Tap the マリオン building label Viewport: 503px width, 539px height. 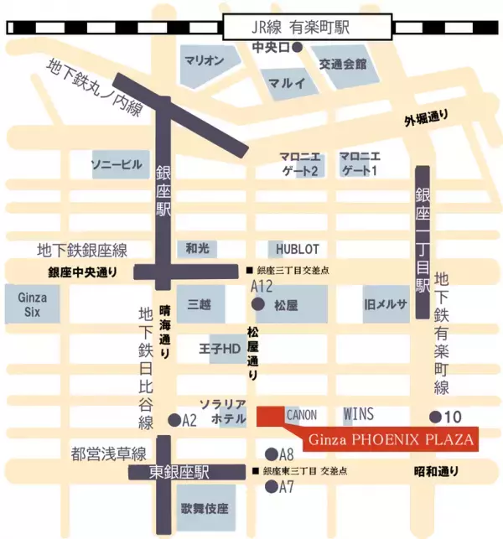point(203,61)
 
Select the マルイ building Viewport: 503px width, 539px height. point(287,82)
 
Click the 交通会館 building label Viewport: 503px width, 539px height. point(342,64)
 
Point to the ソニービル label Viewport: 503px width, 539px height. point(117,165)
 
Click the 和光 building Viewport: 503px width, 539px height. point(197,248)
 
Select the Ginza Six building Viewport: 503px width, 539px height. point(32,303)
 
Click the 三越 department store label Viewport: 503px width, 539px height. point(200,304)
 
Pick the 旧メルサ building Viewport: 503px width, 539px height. point(385,304)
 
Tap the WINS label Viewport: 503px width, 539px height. point(358,415)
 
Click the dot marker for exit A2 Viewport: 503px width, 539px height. point(174,419)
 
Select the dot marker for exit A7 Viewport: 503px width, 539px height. point(270,486)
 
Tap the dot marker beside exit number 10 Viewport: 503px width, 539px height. point(435,417)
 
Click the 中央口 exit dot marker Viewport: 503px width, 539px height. point(295,47)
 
